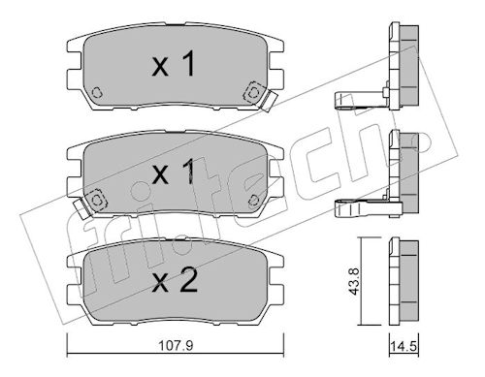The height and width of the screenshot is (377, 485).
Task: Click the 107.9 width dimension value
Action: pyautogui.click(x=176, y=346)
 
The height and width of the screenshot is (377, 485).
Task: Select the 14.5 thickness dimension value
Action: pyautogui.click(x=404, y=347)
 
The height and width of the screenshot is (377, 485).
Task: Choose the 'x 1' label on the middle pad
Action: pyautogui.click(x=174, y=172)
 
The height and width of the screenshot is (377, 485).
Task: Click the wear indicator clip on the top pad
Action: pyautogui.click(x=269, y=101)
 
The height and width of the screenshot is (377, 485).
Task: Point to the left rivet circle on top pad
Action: pyautogui.click(x=97, y=92)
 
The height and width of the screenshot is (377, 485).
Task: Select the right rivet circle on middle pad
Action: pyautogui.click(x=254, y=201)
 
